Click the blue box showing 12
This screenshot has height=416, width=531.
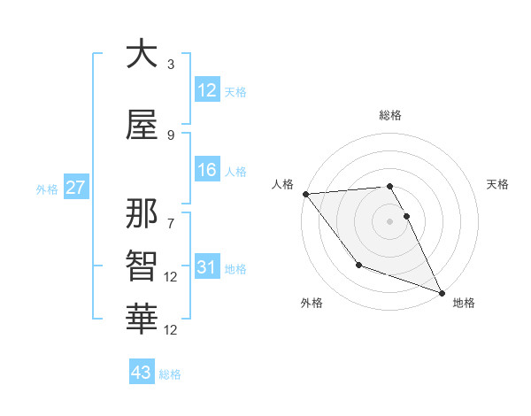point(207,90)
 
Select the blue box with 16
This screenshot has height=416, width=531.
point(207,170)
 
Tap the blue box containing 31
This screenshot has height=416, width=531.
point(207,267)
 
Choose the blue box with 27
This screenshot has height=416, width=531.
point(75,188)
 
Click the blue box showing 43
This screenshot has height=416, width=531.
point(142,373)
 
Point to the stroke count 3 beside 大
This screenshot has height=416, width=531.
point(170,65)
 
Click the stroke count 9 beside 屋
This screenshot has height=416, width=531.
point(170,135)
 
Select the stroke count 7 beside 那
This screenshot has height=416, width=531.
point(170,215)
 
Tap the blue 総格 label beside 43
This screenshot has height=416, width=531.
point(170,374)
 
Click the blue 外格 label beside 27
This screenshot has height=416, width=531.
point(47,189)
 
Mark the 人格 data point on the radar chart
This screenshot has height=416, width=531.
point(305,194)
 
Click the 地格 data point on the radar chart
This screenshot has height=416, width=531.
point(442,292)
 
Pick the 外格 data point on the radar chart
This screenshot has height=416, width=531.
point(358,264)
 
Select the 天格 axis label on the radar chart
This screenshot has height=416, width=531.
point(498,184)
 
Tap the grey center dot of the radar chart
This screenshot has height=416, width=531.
point(389,220)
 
